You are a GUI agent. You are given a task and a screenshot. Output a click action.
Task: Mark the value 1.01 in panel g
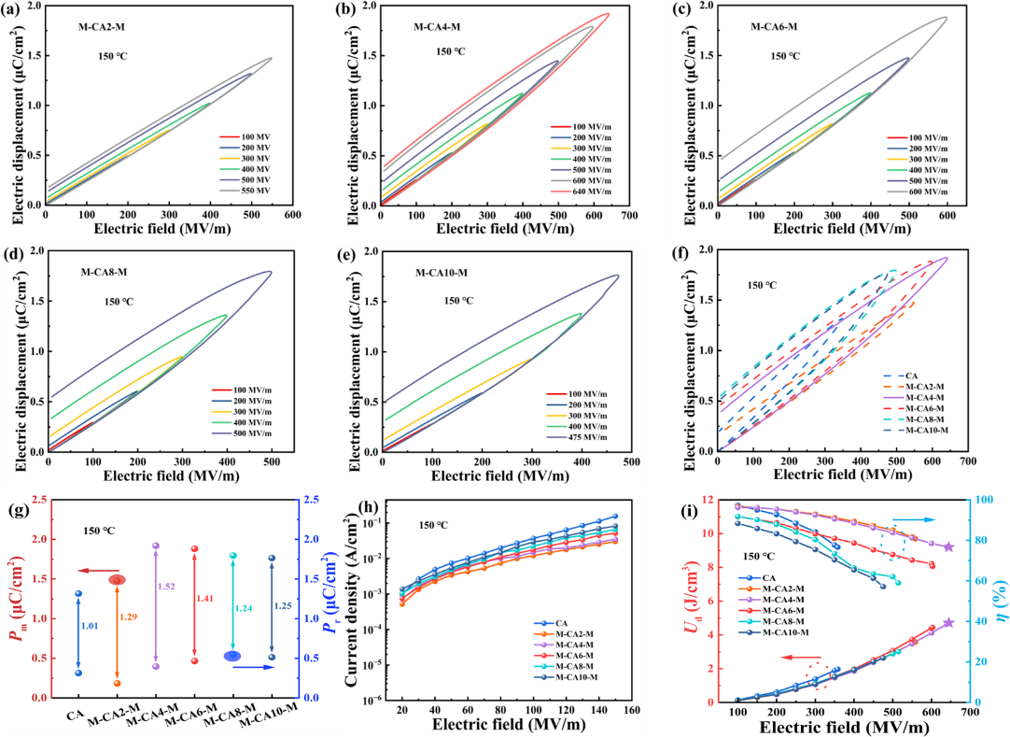coord(90,625)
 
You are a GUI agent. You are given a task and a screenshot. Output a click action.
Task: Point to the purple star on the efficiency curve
coord(948,546)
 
